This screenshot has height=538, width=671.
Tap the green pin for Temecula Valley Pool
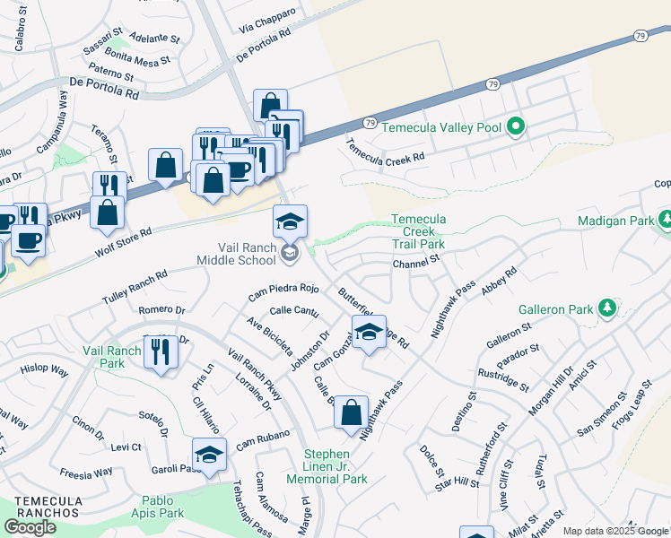coord(515,127)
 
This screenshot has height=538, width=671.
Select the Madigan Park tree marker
coord(666,220)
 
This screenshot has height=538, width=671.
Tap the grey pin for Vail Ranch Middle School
coord(290,254)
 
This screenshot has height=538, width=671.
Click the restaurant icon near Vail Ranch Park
coord(161,352)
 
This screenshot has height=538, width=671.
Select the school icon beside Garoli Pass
coord(209,455)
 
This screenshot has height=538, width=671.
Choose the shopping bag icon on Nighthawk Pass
coord(352,413)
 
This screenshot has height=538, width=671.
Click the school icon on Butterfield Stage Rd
coord(369,333)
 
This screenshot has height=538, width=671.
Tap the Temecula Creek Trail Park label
coord(417,231)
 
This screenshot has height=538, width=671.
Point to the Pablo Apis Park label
coord(150,507)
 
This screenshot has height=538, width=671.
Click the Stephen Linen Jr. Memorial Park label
coord(335,466)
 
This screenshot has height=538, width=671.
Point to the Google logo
coord(30,527)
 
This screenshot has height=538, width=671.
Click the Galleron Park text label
coord(555,309)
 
